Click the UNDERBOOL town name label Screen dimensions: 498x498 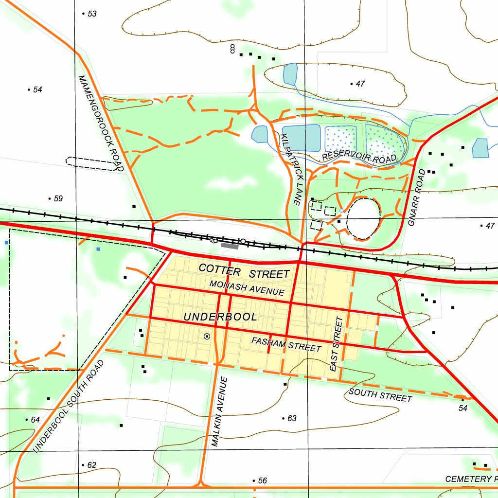click(x=220, y=317)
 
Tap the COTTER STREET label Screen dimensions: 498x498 click(x=244, y=270)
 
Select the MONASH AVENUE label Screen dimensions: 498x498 click(x=247, y=288)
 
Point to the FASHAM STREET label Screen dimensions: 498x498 click(x=286, y=344)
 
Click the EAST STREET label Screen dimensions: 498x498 click(x=336, y=344)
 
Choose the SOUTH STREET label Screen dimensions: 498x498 click(x=380, y=395)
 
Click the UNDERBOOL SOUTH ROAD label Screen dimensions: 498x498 click(x=69, y=407)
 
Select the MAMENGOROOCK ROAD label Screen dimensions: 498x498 click(x=101, y=123)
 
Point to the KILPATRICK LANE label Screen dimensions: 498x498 click(x=292, y=169)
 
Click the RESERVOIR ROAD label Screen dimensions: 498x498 click(x=359, y=157)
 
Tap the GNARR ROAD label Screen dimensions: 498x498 click(x=417, y=198)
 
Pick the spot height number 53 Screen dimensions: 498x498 click(x=92, y=14)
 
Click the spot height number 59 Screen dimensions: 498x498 click(x=58, y=198)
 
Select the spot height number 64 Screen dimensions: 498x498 click(x=35, y=420)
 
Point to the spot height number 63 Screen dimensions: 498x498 click(x=292, y=418)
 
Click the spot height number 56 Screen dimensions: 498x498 click(x=262, y=480)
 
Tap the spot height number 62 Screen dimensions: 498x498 click(x=91, y=465)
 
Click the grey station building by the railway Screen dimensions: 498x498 click(x=230, y=246)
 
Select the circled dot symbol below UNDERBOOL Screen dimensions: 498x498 click(x=207, y=336)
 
